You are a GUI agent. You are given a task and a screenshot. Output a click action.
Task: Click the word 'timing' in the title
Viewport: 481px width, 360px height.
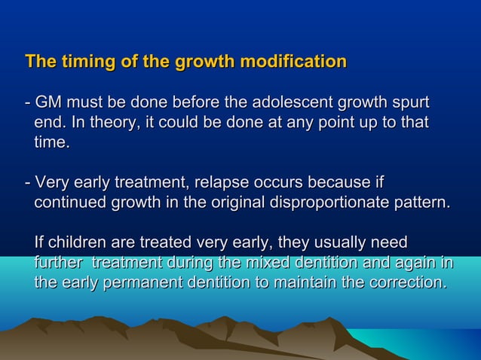(83, 61)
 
